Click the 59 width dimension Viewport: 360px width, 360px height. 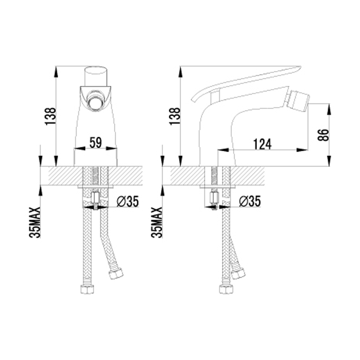(95, 143)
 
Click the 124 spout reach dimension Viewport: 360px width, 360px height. (262, 144)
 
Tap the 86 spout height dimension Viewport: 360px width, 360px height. (323, 135)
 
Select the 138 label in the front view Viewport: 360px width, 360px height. (50, 116)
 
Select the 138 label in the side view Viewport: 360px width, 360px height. (175, 116)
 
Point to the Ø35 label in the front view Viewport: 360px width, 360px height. (128, 201)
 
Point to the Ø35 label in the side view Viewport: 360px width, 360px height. (250, 201)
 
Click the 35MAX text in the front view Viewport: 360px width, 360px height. (35, 222)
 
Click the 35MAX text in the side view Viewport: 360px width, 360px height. (157, 222)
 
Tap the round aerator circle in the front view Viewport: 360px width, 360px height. (95, 103)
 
